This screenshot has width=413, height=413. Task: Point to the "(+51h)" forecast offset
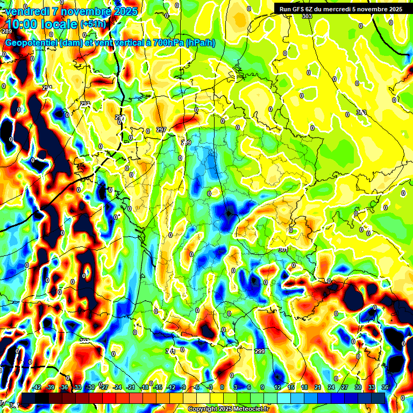pyautogui.click(x=93, y=24)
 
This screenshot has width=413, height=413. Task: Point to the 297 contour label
pyautogui.click(x=161, y=130)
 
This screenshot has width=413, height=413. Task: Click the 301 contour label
pyautogui.click(x=283, y=250)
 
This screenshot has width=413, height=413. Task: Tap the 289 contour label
pyautogui.click(x=8, y=32)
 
